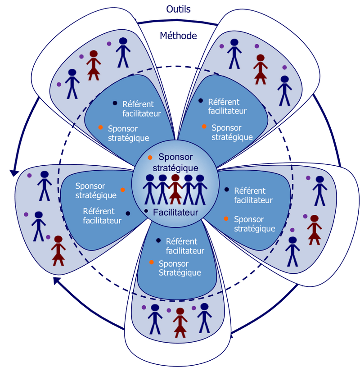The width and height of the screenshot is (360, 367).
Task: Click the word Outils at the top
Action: (x=179, y=9)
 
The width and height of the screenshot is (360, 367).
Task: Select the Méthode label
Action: (x=179, y=36)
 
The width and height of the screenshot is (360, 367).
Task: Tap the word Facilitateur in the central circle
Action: (x=175, y=212)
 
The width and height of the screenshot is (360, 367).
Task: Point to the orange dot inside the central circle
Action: (x=150, y=157)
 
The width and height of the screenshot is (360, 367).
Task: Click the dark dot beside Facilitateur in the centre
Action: (x=146, y=211)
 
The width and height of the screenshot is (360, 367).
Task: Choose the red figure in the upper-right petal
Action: (x=260, y=69)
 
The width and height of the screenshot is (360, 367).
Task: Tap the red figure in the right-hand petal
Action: (x=314, y=229)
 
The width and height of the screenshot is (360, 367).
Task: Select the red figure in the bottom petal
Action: (x=180, y=322)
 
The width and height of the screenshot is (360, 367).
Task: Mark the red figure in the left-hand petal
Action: (x=58, y=250)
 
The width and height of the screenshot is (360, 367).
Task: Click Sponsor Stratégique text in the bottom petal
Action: (x=180, y=268)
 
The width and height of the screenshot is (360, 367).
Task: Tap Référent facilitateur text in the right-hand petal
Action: (x=253, y=195)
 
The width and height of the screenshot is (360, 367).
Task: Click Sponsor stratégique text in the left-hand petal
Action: (x=96, y=190)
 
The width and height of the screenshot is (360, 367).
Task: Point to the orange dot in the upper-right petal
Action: (x=204, y=127)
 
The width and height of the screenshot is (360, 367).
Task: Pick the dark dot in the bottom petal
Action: (x=158, y=241)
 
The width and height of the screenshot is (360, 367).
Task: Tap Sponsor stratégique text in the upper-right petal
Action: (x=232, y=132)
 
